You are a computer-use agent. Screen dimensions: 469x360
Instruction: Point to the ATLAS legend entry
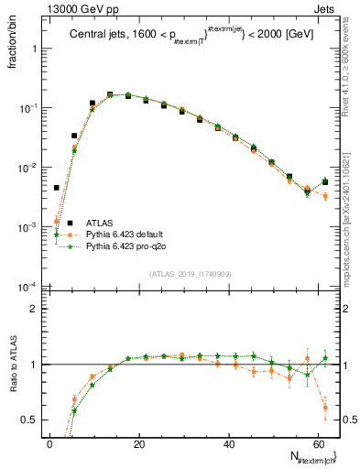click(102, 222)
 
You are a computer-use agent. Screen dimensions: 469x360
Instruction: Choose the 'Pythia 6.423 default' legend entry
click(125, 234)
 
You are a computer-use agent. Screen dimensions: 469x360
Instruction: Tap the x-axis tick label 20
click(137, 445)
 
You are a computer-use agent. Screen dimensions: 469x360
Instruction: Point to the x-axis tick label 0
click(49, 445)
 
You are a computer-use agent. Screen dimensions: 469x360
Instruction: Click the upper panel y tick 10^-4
click(27, 287)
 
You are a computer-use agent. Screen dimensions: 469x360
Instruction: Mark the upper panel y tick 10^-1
click(27, 108)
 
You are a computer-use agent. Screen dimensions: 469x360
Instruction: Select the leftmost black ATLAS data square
click(56, 188)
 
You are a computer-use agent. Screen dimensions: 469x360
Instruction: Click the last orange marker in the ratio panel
click(325, 408)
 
